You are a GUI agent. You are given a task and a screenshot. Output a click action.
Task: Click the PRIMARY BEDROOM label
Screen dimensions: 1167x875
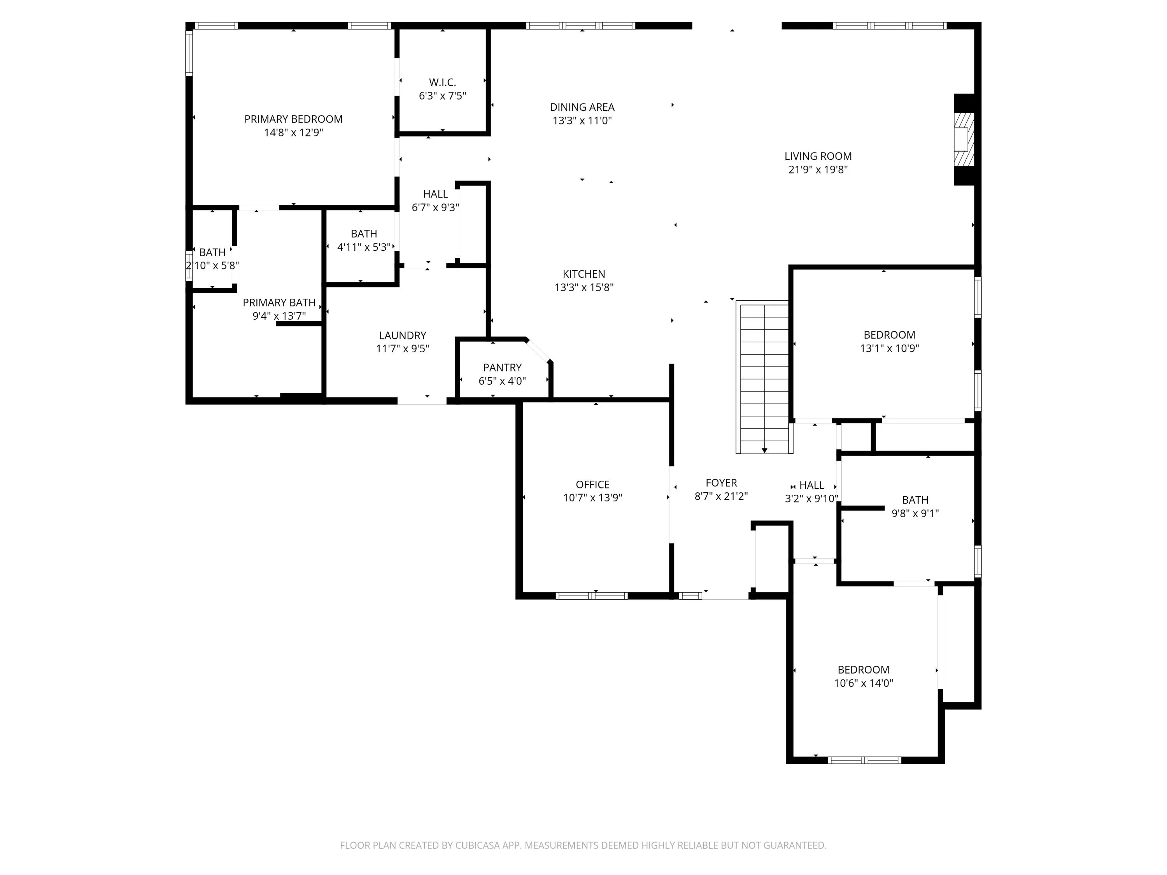[293, 119]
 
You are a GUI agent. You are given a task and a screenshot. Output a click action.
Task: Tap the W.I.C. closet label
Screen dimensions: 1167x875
[442, 82]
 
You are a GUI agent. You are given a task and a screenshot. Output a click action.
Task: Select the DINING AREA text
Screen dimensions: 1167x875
[582, 107]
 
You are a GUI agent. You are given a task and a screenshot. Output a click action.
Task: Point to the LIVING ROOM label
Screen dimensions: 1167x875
[818, 156]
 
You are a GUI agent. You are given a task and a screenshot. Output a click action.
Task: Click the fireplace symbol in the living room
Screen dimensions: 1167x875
[964, 140]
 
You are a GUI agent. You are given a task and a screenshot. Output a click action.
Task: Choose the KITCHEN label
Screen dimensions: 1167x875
[583, 274]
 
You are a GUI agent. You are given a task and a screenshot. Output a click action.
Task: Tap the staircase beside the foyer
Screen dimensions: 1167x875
[764, 377]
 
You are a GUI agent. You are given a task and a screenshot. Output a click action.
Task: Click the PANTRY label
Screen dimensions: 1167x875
[502, 367]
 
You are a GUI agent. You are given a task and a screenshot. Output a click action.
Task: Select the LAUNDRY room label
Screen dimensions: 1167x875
[403, 336]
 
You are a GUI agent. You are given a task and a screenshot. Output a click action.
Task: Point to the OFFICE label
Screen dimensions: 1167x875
[592, 484]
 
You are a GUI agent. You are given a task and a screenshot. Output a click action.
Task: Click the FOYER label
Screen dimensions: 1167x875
[721, 483]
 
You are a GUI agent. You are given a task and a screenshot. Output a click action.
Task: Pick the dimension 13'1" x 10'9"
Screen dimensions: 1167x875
[890, 348]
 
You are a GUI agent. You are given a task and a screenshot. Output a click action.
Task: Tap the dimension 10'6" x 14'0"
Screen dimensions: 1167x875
[863, 683]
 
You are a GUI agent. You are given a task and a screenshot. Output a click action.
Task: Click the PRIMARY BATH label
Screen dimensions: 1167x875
[279, 303]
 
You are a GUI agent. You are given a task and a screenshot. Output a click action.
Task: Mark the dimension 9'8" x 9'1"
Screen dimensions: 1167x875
[915, 513]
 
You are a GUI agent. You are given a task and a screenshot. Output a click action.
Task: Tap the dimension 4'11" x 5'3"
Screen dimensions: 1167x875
[364, 247]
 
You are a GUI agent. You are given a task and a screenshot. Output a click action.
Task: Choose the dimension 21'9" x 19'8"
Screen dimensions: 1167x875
[818, 169]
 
